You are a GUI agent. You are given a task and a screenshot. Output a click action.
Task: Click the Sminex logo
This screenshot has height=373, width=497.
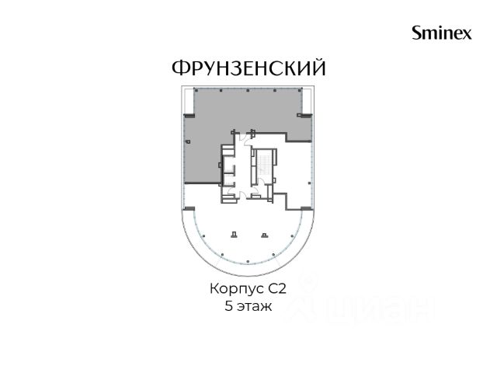click(442, 33)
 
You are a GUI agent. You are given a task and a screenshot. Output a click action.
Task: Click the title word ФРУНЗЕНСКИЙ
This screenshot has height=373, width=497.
click(248, 68)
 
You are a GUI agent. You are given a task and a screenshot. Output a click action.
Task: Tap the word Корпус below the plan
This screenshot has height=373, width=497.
click(237, 289)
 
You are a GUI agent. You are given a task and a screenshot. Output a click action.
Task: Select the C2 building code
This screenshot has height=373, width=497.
click(277, 288)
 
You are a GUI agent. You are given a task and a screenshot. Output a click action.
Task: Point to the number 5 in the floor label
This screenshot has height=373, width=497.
click(228, 306)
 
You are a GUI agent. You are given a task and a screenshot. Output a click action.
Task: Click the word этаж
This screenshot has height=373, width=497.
click(254, 307)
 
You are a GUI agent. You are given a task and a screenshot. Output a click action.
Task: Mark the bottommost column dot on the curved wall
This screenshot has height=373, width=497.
click(248, 262)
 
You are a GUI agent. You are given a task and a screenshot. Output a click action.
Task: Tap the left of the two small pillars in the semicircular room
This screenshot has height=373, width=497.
click(234, 235)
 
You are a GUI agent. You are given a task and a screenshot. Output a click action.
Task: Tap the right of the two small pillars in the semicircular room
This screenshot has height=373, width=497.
click(265, 235)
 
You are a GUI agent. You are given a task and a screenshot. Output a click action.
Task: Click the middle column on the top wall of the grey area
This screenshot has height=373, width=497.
click(248, 90)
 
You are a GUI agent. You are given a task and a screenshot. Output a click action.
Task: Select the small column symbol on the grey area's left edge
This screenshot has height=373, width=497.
click(188, 141)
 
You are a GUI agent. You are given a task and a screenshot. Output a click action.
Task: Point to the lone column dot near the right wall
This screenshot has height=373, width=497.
click(310, 183)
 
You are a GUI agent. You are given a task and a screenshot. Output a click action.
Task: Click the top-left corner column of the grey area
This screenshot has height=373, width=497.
click(196, 90)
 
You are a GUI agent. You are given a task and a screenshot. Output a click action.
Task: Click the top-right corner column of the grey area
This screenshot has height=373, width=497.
click(300, 90)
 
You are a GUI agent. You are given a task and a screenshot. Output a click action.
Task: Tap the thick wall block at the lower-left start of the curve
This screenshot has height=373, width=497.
click(189, 208)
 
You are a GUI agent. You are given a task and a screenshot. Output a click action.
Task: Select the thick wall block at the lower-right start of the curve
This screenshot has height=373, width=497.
click(306, 208)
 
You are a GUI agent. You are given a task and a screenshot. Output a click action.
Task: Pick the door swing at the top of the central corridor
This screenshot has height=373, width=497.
click(243, 138)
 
